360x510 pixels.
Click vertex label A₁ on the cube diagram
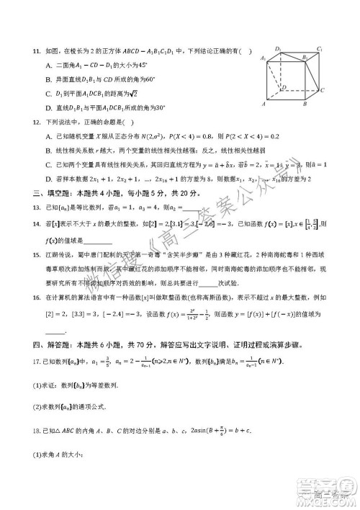click(x=264, y=58)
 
